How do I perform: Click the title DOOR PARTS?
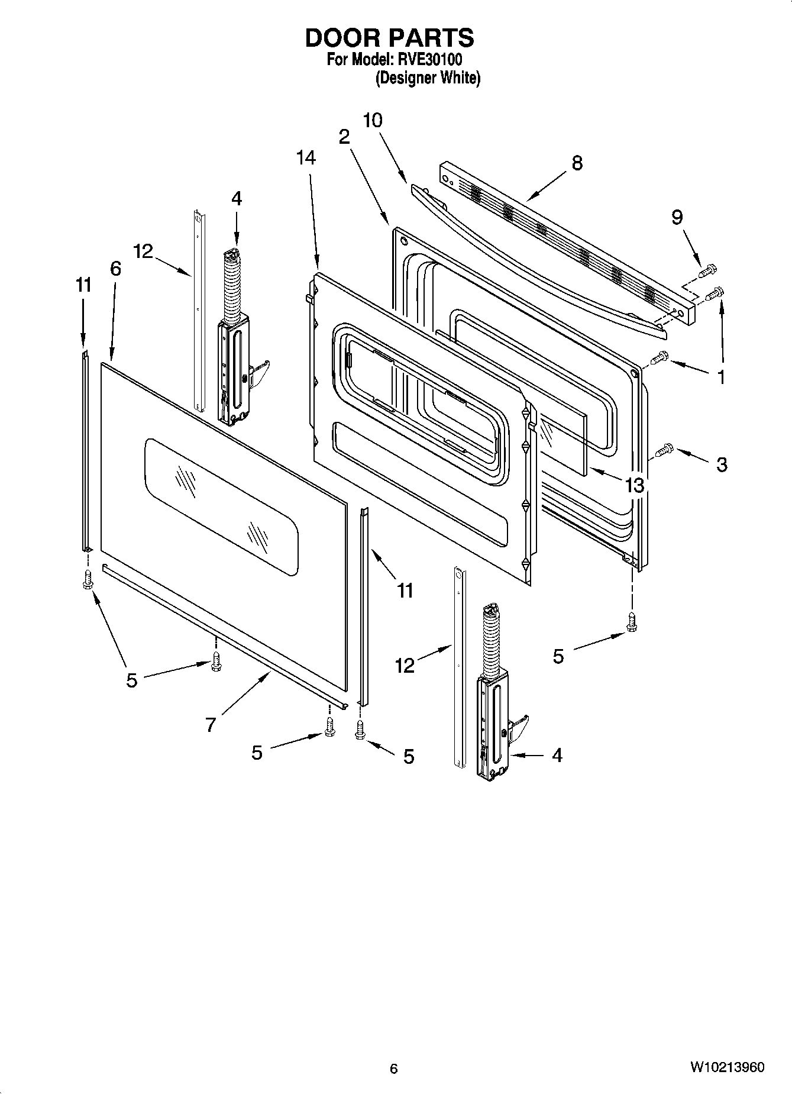(389, 38)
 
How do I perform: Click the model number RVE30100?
(429, 60)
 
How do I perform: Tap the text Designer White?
(428, 78)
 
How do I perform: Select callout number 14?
(306, 158)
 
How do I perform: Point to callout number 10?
(372, 120)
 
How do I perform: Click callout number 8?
(577, 163)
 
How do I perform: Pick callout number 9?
(677, 218)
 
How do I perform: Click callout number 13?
(634, 486)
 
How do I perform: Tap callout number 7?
(211, 724)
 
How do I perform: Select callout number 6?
(115, 269)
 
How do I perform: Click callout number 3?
(721, 464)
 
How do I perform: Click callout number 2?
(344, 137)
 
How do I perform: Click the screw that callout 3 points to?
(663, 451)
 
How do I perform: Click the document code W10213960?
(726, 1067)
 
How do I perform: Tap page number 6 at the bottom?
(394, 1068)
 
